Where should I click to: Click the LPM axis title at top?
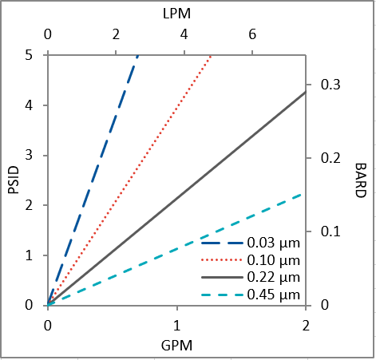176,14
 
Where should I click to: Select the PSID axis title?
13,180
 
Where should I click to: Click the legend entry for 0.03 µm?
273,243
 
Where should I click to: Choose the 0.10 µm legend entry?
273,260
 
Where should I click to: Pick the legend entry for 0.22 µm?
273,278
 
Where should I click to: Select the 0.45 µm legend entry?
273,295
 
